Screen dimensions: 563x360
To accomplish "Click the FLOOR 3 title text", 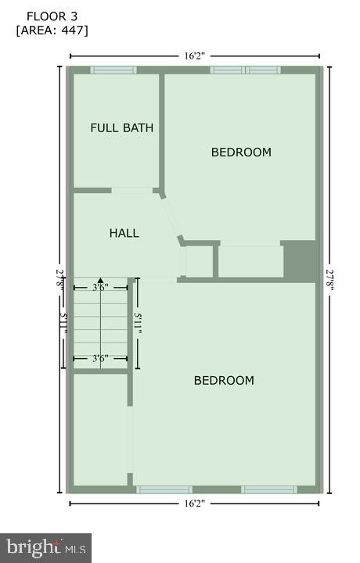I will click(52, 16).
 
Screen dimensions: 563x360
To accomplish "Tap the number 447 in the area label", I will click(75, 30).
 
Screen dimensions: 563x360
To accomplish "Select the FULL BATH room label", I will click(121, 127).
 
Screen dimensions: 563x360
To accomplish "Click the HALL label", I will click(124, 233).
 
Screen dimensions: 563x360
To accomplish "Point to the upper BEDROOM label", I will click(241, 152).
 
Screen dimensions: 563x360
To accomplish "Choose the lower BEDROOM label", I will click(224, 380).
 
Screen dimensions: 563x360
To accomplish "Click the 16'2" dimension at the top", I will click(195, 56).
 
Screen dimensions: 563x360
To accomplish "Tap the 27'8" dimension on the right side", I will click(330, 279).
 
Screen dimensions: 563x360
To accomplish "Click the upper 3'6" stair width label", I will click(100, 288).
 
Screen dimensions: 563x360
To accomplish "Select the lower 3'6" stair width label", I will click(100, 359).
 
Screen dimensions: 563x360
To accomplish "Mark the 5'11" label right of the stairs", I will click(139, 323).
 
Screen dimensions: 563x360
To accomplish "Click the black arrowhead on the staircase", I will click(100, 280).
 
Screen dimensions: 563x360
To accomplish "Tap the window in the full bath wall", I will click(113, 70).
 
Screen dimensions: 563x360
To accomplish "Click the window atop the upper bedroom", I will click(245, 70).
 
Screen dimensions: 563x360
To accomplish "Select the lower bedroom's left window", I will click(164, 489).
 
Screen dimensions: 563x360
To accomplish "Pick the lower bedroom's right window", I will click(268, 489).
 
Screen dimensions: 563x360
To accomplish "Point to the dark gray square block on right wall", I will click(300, 260).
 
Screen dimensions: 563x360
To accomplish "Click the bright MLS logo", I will click(45, 547).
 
